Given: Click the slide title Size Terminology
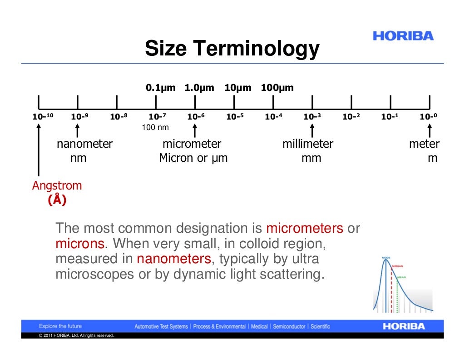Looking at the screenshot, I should pyautogui.click(x=232, y=49).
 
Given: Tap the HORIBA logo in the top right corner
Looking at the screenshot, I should pyautogui.click(x=403, y=36).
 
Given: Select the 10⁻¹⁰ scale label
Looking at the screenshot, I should pyautogui.click(x=43, y=117).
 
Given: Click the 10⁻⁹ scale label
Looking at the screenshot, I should pyautogui.click(x=79, y=117).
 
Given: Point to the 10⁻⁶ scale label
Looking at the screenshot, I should pyautogui.click(x=196, y=117).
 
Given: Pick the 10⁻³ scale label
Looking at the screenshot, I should pyautogui.click(x=312, y=117).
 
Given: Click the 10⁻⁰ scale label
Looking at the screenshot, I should pyautogui.click(x=428, y=117).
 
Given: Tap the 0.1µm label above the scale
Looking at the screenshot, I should pyautogui.click(x=160, y=88).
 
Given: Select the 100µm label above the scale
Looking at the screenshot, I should pyautogui.click(x=277, y=88).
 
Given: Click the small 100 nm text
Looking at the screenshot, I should pyautogui.click(x=155, y=127).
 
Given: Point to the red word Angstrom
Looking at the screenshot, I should pyautogui.click(x=57, y=185).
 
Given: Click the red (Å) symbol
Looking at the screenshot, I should pyautogui.click(x=57, y=200).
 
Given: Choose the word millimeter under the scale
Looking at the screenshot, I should pyautogui.click(x=308, y=144).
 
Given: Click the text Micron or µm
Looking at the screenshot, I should pyautogui.click(x=193, y=158).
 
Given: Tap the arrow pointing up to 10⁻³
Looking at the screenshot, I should pyautogui.click(x=312, y=130).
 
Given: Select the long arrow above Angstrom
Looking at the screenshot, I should pyautogui.click(x=39, y=150).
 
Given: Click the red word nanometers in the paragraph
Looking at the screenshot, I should pyautogui.click(x=174, y=259).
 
